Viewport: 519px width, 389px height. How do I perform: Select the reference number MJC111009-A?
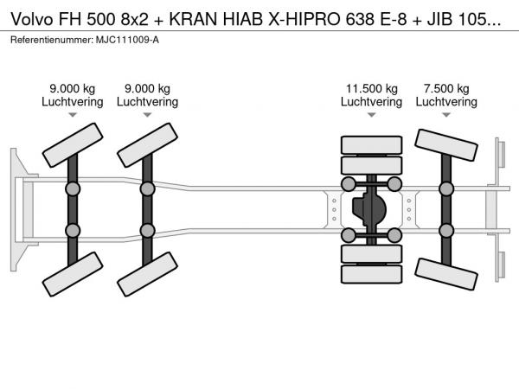[127, 40]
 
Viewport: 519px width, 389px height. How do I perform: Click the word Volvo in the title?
[32, 20]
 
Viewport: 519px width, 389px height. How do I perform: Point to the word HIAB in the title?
[242, 20]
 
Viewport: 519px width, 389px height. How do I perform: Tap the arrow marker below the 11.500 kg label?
[371, 115]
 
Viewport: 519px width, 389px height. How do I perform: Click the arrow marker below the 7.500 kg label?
[446, 115]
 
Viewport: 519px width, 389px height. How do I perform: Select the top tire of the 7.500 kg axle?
[446, 145]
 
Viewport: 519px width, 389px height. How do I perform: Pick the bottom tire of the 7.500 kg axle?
[446, 274]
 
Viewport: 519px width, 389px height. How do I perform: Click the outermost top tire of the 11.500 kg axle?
[371, 145]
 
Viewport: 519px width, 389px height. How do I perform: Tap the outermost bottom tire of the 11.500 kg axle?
[371, 274]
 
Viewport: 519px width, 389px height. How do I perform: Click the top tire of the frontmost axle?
[73, 145]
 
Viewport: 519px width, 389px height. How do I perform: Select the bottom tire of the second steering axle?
[147, 274]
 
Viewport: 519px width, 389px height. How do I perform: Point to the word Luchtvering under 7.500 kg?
[446, 101]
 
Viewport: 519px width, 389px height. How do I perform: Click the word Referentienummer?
[52, 40]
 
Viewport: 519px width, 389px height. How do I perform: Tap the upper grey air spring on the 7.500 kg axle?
[446, 188]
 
